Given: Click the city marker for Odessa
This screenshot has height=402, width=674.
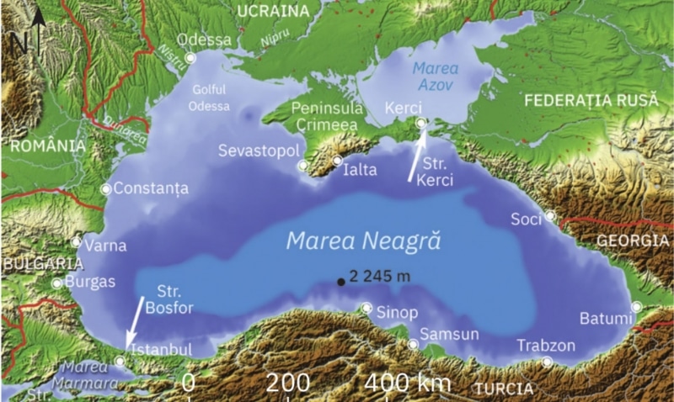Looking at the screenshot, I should tap(190, 58).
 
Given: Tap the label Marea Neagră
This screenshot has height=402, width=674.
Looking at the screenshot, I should tap(364, 241).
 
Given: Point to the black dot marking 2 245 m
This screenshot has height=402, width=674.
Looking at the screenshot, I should tap(340, 281).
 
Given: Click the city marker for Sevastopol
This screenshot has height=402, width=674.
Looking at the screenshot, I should tap(303, 166).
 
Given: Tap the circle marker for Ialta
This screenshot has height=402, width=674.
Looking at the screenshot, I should tap(337, 161).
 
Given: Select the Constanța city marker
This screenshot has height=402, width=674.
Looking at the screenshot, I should tap(106, 189).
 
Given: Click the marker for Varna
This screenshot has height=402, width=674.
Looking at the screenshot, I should tap(77, 242).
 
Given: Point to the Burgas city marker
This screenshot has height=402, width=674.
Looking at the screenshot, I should tap(56, 283).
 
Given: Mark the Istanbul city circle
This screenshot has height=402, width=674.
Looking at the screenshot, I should tap(120, 362).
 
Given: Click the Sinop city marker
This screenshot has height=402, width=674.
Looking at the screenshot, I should tap(366, 308).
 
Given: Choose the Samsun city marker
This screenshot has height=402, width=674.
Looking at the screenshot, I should tap(413, 344).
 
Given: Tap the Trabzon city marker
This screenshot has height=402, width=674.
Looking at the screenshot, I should tap(548, 362).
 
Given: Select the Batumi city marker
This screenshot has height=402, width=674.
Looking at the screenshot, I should tap(637, 307).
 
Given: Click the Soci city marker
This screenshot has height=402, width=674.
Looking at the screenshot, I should tap(549, 215).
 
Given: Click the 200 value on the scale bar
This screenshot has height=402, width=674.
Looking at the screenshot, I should tap(289, 383).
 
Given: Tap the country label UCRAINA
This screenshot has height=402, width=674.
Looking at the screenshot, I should tap(273, 10).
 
